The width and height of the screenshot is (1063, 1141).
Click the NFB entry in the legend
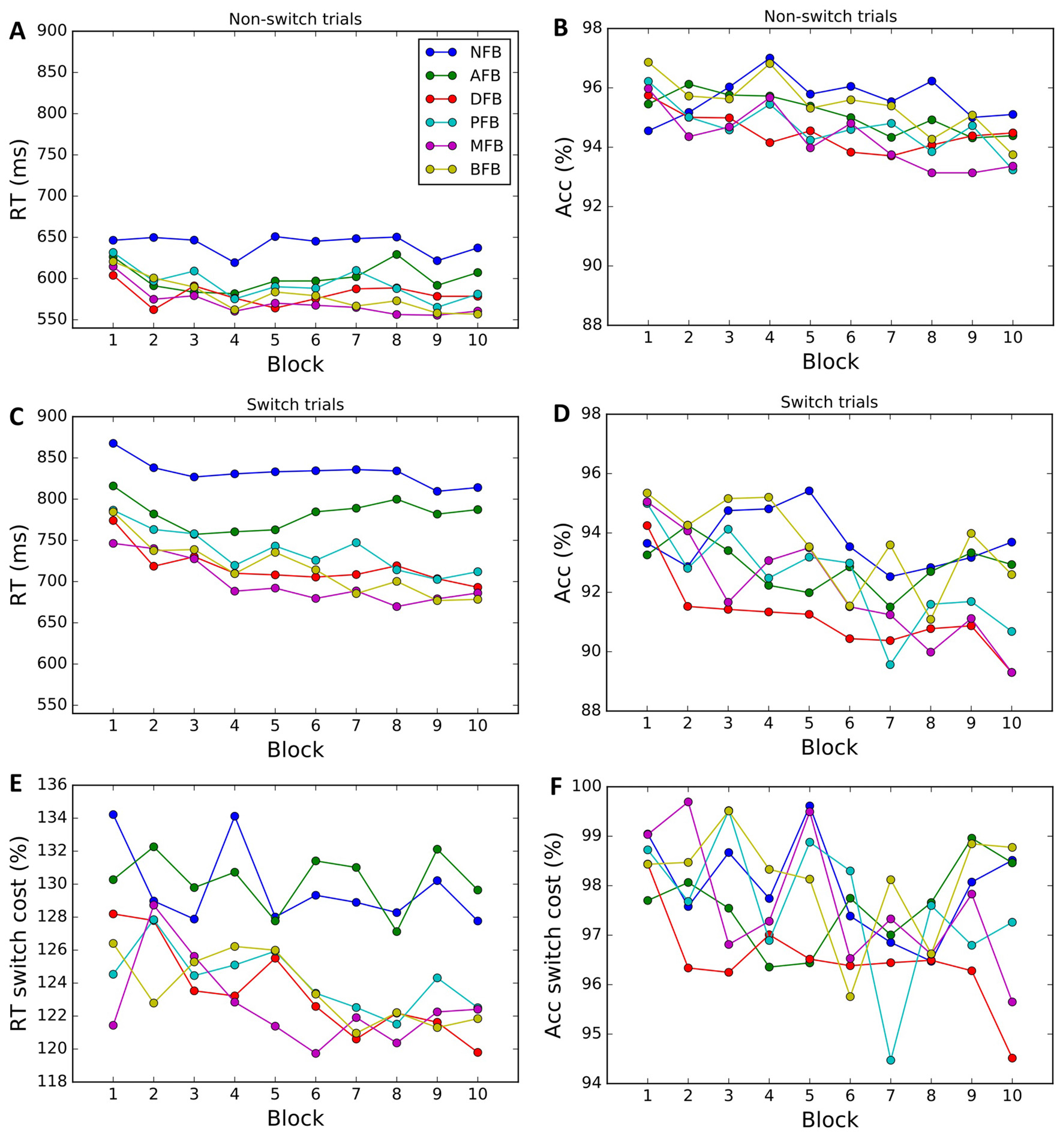(x=485, y=52)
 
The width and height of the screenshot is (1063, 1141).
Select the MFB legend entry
(x=485, y=146)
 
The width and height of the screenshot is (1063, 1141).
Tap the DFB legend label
(x=485, y=99)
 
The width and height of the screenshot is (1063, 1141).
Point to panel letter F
(x=556, y=787)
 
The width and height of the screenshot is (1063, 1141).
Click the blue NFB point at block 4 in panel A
(x=235, y=263)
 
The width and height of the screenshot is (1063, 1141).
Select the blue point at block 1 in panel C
(x=113, y=443)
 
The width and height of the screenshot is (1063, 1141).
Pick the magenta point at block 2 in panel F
(x=688, y=802)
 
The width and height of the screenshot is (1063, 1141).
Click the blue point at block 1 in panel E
(x=113, y=814)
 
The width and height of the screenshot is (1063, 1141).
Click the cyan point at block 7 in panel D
(x=890, y=664)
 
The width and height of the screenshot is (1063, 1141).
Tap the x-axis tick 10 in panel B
(x=1013, y=338)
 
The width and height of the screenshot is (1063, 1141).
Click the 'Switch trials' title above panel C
(x=295, y=405)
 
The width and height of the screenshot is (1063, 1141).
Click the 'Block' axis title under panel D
(x=829, y=748)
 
